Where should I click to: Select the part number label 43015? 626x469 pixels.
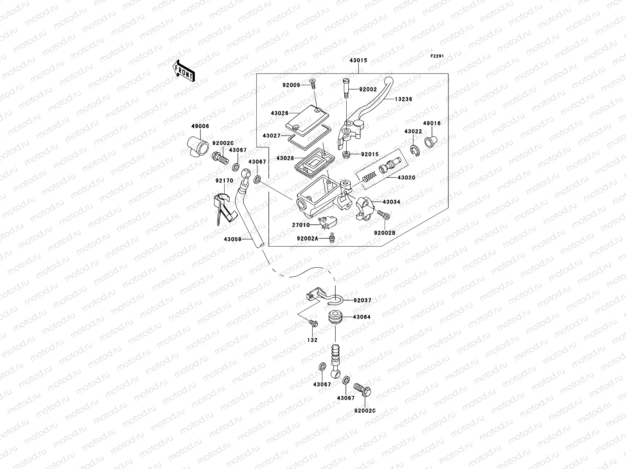pos(358,61)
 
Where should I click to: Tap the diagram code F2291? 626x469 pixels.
pos(438,56)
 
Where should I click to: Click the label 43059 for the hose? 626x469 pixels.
pos(232,239)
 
